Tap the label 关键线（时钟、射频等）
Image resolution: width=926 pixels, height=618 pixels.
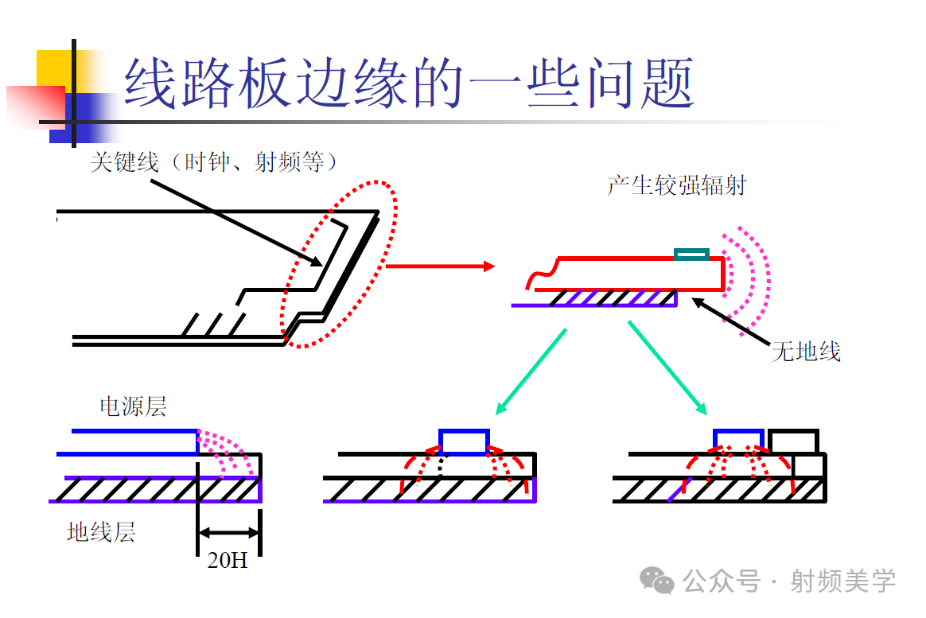point(215,163)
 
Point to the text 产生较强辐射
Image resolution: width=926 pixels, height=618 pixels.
point(677,186)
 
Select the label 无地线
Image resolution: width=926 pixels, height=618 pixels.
point(806,351)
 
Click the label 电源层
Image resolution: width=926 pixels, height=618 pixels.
point(133,406)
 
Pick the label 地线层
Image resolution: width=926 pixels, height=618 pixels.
point(101,532)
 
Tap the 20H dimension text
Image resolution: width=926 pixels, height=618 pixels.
point(228,560)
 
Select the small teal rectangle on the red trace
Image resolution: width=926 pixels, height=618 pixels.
point(691,255)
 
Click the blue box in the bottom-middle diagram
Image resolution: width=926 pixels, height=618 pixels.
point(465,441)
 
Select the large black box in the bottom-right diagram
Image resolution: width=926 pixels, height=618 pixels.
point(793,442)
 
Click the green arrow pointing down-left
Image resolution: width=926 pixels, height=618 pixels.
point(531,371)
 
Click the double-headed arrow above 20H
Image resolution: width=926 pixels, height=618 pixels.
point(228,533)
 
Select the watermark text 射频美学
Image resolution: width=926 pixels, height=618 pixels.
point(842,581)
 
